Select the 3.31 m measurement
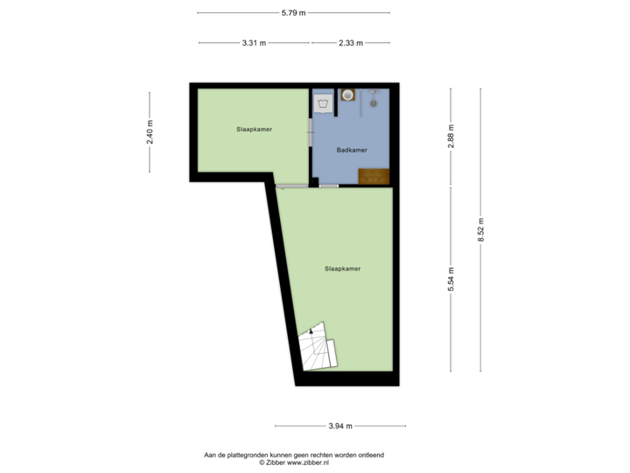[x=255, y=43]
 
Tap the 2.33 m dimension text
[x=350, y=43]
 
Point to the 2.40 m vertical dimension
[x=150, y=132]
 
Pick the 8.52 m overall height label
[x=480, y=230]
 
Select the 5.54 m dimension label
[x=451, y=279]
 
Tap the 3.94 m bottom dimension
[x=340, y=427]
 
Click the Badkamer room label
[x=352, y=150]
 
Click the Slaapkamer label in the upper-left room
[x=254, y=129]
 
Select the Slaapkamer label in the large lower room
[x=342, y=268]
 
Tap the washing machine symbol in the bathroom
[x=323, y=103]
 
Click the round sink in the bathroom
[x=347, y=95]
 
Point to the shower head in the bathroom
[x=373, y=102]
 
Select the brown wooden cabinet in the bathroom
[x=374, y=176]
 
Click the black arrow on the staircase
[x=311, y=332]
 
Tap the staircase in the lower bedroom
[x=318, y=349]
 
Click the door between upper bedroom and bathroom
[x=311, y=133]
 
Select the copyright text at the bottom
[x=294, y=458]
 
